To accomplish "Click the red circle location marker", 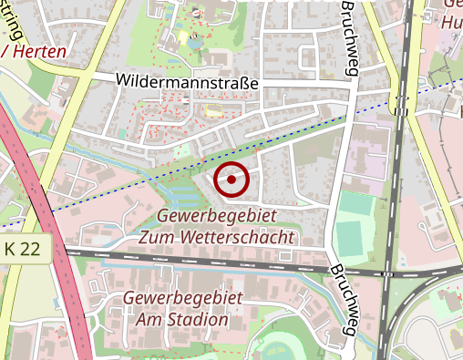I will [231, 180].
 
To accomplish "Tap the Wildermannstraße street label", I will [188, 81].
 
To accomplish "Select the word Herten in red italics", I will [38, 52].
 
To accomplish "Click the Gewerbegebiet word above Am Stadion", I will [182, 300].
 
